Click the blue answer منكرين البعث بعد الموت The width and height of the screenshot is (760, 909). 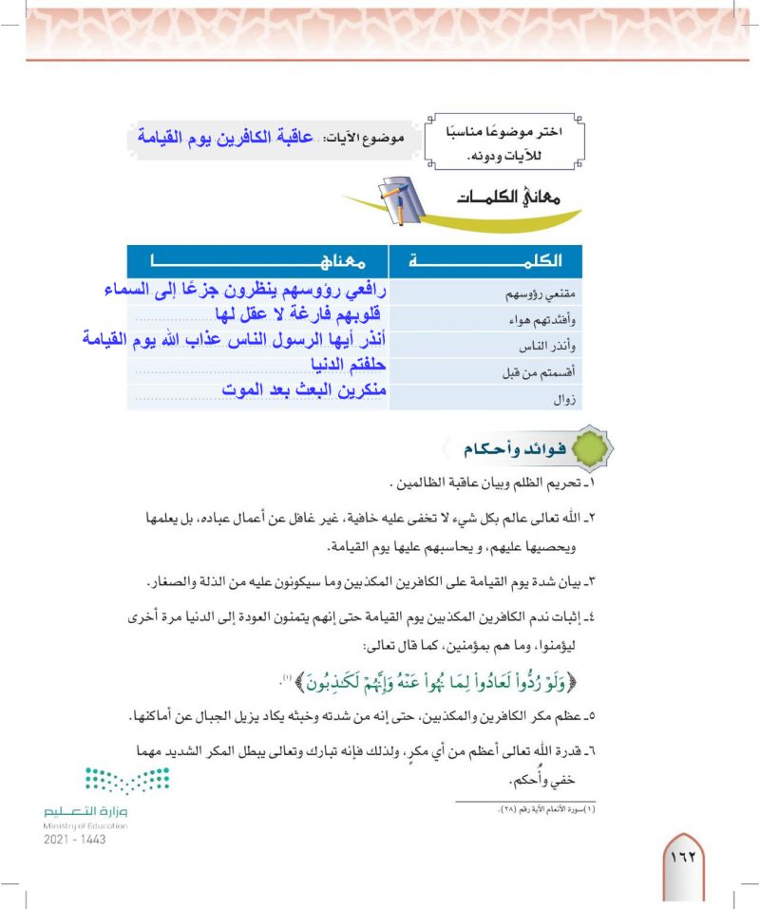(305, 389)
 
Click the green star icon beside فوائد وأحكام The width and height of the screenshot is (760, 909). (590, 451)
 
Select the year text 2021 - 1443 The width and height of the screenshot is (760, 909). (75, 840)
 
